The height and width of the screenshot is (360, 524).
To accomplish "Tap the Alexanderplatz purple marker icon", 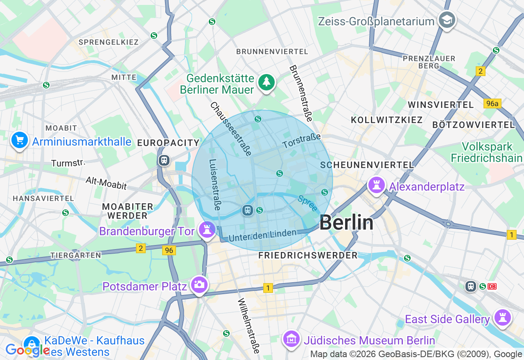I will coord(376,185).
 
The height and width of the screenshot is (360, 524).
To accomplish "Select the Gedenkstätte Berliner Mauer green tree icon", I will coord(267,82).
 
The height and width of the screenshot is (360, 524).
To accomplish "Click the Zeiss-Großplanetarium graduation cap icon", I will coord(447,20).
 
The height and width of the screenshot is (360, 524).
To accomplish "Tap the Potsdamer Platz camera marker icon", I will coord(199,284).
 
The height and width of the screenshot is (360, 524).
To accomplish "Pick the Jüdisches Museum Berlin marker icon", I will coord(291,339).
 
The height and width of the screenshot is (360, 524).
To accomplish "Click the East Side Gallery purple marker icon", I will coord(502,318).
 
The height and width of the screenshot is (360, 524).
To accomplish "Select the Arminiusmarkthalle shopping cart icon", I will coord(19,141).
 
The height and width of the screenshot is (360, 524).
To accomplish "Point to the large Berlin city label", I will coord(346,223).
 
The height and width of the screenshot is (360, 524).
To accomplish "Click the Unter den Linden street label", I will coord(262,235).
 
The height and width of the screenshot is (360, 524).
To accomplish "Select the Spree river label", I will coord(307,203).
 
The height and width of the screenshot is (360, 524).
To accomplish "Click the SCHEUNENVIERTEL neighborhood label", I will coord(367,165).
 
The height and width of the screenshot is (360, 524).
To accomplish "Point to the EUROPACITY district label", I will coord(168,143).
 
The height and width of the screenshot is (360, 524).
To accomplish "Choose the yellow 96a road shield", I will coord(492,103).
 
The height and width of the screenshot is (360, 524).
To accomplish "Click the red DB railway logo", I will coord(492,286).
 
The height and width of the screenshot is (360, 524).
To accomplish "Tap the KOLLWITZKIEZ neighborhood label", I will coord(386,120).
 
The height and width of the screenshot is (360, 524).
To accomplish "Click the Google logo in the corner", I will coord(27,350).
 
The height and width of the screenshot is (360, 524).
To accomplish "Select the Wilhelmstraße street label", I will coord(249,326).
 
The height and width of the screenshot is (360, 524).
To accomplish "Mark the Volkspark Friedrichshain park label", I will coord(486,152).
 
